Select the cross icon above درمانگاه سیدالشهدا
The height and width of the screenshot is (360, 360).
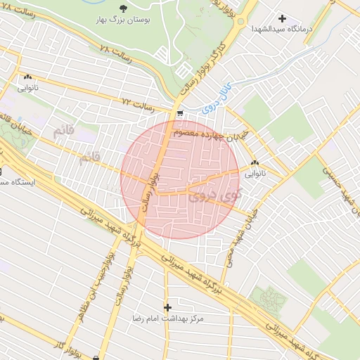(283, 18)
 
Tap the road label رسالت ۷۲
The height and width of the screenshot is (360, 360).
(138, 107)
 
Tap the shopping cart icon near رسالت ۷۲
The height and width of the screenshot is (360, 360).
(180, 113)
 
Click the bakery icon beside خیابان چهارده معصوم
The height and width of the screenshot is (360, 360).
(254, 163)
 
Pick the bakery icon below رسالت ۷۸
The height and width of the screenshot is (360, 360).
(27, 78)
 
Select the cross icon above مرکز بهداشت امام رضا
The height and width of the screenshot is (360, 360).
(167, 307)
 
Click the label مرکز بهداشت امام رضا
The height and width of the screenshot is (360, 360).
(168, 319)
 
